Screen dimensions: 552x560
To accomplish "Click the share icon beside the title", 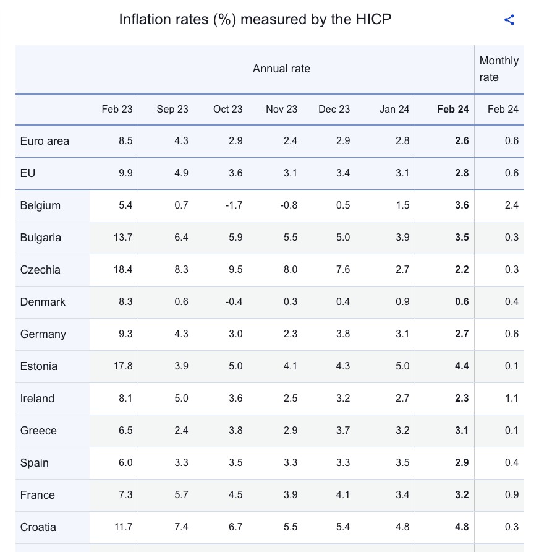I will pos(509,20).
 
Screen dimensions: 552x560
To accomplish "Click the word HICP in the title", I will pos(373,20).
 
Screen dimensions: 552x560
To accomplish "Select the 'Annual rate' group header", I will pos(281,69).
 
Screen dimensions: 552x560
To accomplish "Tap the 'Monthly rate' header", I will pos(499,69).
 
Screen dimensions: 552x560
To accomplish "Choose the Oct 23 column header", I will pos(228,110).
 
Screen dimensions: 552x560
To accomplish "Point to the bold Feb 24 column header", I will pos(453,110).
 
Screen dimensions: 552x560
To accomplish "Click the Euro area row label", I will pos(45,141).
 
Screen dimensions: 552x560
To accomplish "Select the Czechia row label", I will pos(40,270).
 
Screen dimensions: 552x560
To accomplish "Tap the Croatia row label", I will pos(38,527).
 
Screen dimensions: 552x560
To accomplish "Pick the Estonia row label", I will pos(39,366).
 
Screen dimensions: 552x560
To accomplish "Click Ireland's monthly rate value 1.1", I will pos(511,399).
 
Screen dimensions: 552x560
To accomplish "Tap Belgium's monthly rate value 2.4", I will pos(511,205).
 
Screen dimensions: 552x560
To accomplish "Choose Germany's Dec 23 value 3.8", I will pos(343,334).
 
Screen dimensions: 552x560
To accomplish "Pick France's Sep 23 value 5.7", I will pos(181,495).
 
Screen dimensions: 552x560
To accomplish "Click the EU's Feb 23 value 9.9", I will pos(125,173).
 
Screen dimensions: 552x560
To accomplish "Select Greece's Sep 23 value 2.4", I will pos(181,431).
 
